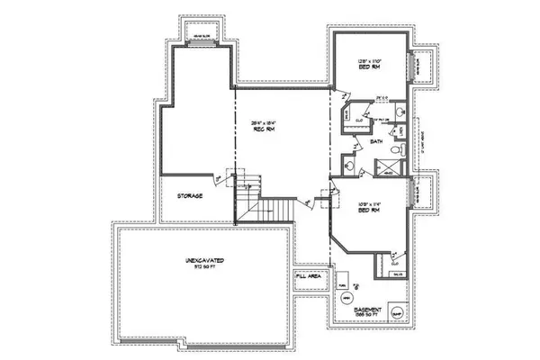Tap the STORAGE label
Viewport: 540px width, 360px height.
pyautogui.click(x=189, y=195)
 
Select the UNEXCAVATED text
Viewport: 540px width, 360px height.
pyautogui.click(x=206, y=263)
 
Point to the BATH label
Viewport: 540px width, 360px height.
pyautogui.click(x=377, y=140)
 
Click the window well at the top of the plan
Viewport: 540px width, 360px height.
pyautogui.click(x=205, y=37)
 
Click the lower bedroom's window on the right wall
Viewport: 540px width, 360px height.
pyautogui.click(x=413, y=193)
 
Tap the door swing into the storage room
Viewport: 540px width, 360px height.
pyautogui.click(x=231, y=177)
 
